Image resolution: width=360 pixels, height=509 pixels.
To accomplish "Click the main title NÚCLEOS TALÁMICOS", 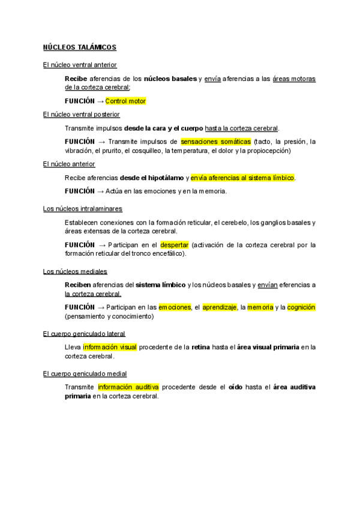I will click(80, 47).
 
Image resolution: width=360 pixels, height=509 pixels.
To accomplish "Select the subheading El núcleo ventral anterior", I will click(80, 64).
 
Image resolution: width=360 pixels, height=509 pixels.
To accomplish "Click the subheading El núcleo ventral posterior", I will click(82, 114).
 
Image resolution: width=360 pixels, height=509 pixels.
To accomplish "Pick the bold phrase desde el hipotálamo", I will click(152, 178).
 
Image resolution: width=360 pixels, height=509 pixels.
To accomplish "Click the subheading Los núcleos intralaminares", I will click(83, 208).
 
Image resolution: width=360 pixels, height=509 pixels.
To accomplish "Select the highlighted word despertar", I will click(175, 245).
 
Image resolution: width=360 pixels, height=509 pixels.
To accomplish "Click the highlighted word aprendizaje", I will click(219, 307).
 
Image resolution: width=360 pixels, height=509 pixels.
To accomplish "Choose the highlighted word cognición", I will click(301, 307).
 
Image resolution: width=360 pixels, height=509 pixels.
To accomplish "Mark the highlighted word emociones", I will click(175, 307).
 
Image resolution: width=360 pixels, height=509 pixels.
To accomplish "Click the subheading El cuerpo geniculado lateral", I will click(85, 334).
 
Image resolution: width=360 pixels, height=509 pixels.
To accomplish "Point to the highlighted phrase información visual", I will click(110, 347).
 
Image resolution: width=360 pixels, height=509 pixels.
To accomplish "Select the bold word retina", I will click(200, 347).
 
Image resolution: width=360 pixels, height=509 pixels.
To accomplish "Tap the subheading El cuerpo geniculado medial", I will click(85, 373).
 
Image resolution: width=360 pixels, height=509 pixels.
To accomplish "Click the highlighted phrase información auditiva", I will click(128, 387).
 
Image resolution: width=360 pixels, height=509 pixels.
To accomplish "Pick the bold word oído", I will click(236, 387).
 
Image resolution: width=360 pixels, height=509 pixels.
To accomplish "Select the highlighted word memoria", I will click(260, 307).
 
